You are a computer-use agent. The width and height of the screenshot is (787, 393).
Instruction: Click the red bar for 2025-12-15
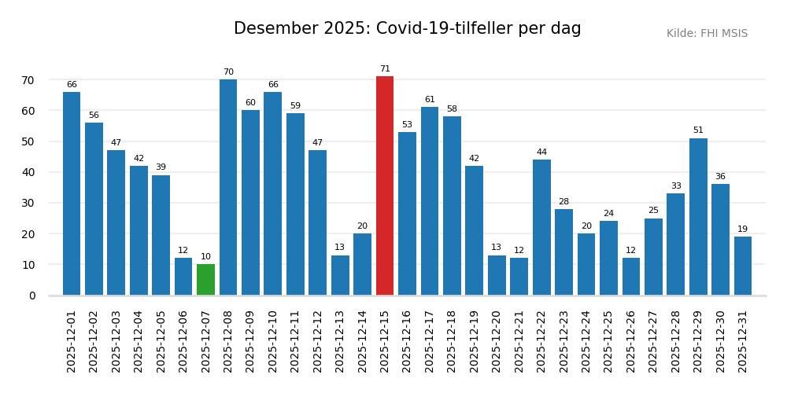coord(385,185)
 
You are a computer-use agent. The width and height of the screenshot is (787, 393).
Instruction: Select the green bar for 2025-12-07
coord(205,280)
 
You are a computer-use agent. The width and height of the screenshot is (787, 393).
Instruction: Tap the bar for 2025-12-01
coord(72,193)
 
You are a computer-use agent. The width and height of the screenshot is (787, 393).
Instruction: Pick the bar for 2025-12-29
coord(698,217)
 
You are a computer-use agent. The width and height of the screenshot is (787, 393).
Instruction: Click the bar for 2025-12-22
coord(541,227)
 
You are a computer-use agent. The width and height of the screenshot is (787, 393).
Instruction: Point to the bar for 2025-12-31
coord(743,266)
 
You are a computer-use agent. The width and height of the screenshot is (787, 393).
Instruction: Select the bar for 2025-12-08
coord(228,187)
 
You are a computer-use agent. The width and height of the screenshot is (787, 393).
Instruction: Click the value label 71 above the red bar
coord(385,69)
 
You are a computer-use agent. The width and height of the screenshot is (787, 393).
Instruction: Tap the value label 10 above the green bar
coord(205,257)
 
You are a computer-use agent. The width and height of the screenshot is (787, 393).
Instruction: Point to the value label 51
coord(698,130)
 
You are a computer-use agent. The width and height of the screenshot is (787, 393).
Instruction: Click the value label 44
coord(541,152)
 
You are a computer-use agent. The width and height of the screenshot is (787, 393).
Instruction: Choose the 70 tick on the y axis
coord(28,80)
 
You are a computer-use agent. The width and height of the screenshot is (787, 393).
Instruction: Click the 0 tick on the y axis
coord(32,296)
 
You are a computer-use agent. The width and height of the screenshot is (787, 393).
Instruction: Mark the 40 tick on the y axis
coord(28,172)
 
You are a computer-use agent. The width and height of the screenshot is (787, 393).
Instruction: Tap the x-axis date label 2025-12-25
coord(608,341)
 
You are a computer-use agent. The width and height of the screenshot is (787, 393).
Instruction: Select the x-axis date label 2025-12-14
coord(363,341)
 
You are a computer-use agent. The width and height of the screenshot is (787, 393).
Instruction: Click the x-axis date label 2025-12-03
coord(116,341)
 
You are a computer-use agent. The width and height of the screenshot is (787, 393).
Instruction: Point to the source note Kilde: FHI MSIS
coord(707,34)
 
